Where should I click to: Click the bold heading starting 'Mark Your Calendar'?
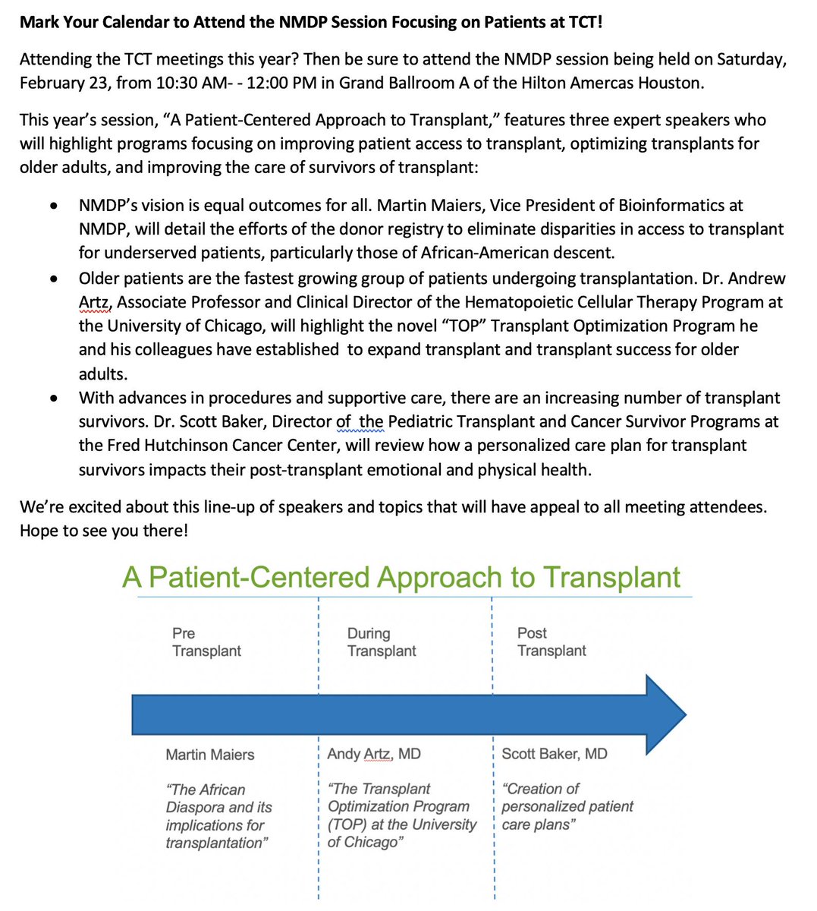(311, 21)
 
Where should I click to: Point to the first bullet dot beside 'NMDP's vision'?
(52, 206)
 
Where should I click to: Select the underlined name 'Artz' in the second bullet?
(95, 302)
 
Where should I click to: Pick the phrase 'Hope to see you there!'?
(103, 531)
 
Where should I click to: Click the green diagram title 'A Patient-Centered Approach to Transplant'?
(401, 578)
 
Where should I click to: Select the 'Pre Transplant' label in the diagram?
(206, 641)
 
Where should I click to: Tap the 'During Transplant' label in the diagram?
(381, 641)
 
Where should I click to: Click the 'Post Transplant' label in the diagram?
(551, 641)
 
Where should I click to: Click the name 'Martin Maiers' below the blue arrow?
(210, 755)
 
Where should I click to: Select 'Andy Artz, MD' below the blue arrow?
(373, 754)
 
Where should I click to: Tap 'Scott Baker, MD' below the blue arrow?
(554, 754)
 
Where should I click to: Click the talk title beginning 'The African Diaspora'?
(218, 816)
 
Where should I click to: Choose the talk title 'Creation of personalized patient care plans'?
(567, 806)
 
